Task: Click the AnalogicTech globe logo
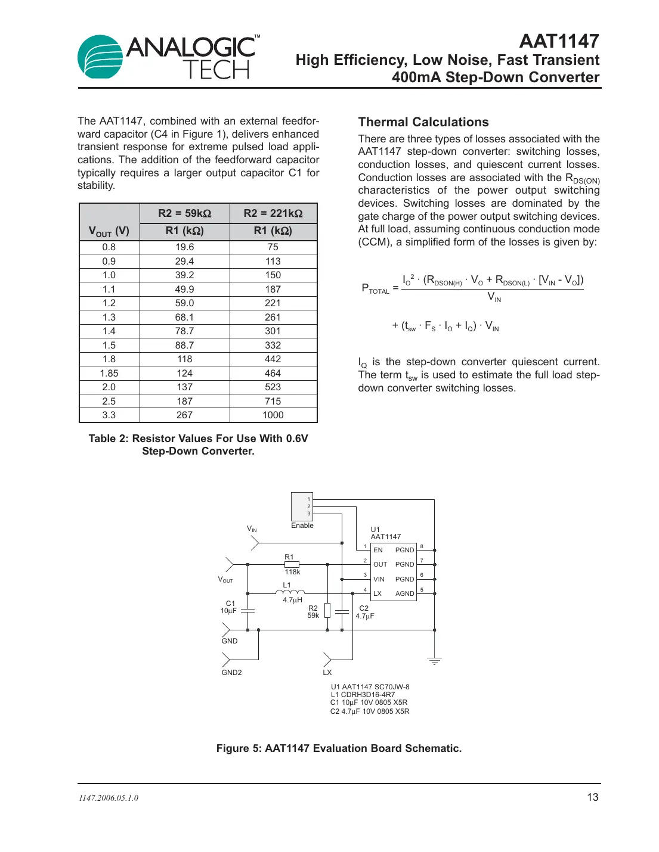click(x=100, y=57)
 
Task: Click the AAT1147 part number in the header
click(x=559, y=41)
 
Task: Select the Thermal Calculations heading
click(x=423, y=122)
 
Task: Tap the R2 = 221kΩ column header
click(x=273, y=213)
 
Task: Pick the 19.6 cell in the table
click(x=184, y=247)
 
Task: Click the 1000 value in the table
click(x=273, y=415)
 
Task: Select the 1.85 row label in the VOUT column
click(x=109, y=374)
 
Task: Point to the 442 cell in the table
click(x=273, y=359)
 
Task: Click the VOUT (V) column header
click(x=109, y=231)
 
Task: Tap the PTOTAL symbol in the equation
click(x=375, y=289)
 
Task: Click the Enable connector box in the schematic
click(x=302, y=506)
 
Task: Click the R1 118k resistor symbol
click(x=292, y=564)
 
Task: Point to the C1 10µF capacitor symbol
click(x=247, y=611)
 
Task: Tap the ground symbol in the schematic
click(x=434, y=661)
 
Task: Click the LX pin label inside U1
click(x=378, y=593)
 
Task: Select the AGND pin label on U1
click(x=404, y=593)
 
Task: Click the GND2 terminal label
click(x=231, y=673)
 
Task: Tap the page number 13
click(x=592, y=797)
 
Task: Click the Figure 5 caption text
click(x=339, y=748)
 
